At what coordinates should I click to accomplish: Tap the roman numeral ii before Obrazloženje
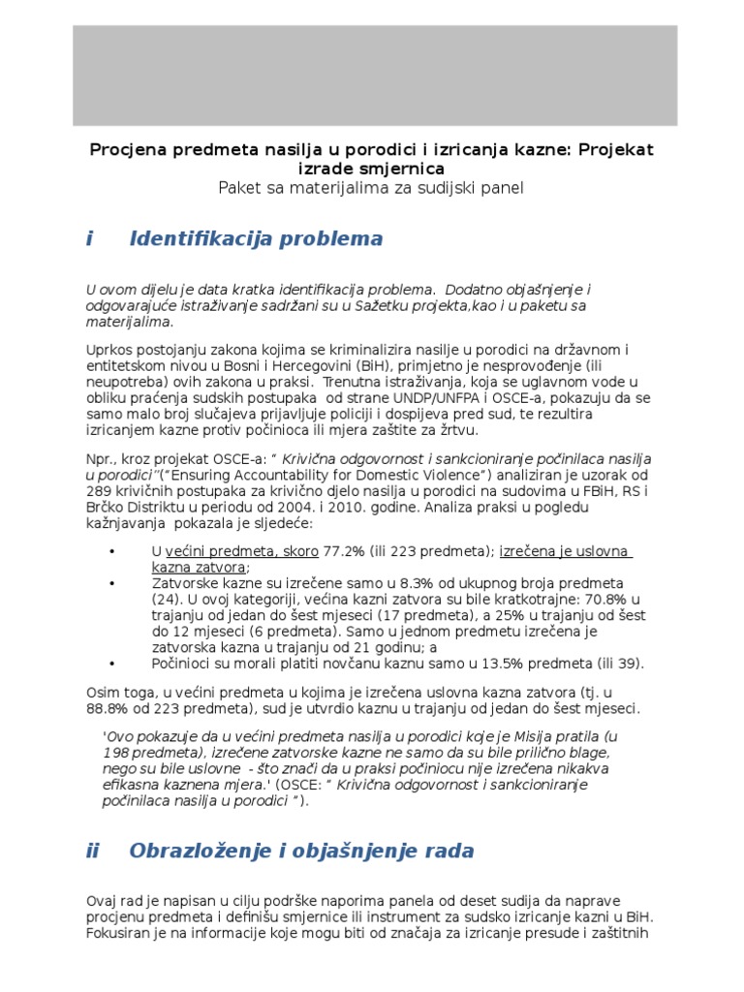(x=93, y=852)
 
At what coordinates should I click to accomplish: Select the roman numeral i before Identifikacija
(x=89, y=239)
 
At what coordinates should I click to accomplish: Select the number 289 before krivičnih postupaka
(x=100, y=490)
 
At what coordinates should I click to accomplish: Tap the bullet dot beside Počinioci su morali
(x=113, y=664)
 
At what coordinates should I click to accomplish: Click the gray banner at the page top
(x=375, y=76)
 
